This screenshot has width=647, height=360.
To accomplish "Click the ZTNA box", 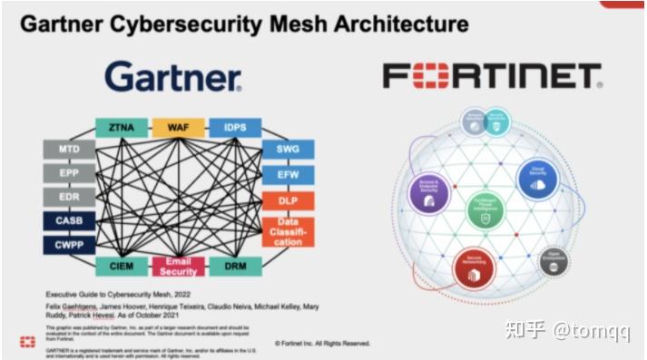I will click(x=121, y=128).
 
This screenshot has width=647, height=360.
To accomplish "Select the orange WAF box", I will click(x=178, y=128).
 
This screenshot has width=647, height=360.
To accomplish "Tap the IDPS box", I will click(x=235, y=128).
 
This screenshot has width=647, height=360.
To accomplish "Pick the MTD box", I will click(x=69, y=149).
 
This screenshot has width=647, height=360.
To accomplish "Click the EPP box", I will click(x=69, y=172).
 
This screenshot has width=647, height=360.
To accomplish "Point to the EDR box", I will click(x=69, y=196).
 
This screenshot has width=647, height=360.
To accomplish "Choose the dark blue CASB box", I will click(x=69, y=220).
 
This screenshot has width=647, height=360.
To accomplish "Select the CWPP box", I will click(x=69, y=244).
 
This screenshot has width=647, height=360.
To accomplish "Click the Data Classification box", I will click(x=289, y=232).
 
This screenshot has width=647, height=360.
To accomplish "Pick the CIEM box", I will click(x=121, y=267).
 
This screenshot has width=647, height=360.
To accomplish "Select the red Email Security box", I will click(x=178, y=267).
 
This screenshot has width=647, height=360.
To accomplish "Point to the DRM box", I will click(x=235, y=267).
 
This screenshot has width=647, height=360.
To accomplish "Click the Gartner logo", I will click(x=173, y=78).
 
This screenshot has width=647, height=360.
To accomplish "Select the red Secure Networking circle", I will click(x=474, y=268).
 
